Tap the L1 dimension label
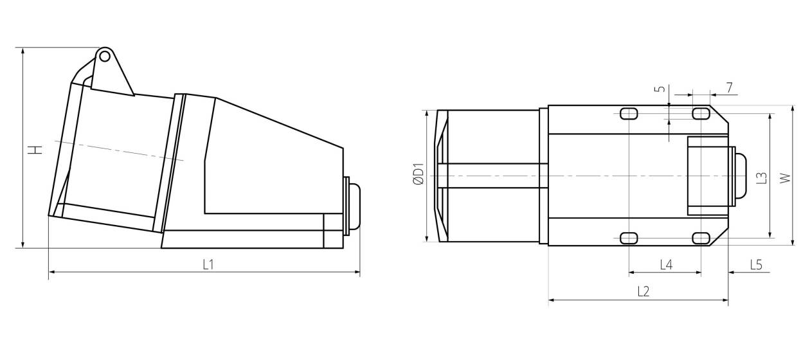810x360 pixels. (208, 265)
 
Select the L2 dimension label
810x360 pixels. (643, 291)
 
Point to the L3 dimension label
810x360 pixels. (762, 178)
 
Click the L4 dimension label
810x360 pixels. (666, 265)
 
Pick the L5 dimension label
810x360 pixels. (756, 265)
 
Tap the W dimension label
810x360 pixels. (785, 178)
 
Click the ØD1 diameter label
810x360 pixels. (418, 174)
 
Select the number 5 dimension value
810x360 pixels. (660, 89)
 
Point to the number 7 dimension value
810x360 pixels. (730, 87)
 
